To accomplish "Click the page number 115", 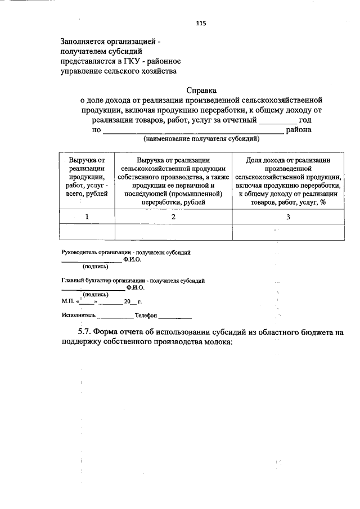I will (x=201, y=23).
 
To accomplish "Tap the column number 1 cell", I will (x=87, y=217).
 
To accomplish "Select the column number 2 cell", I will (x=173, y=217).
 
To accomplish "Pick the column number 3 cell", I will (x=287, y=217).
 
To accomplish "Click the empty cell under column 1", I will (x=87, y=231).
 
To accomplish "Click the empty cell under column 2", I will (x=173, y=231).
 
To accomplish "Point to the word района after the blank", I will (x=299, y=130).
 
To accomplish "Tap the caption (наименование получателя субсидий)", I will (x=201, y=138).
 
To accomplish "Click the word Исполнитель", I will (x=79, y=316).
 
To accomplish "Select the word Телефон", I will (x=146, y=316).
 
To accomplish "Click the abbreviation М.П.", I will (x=68, y=301).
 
